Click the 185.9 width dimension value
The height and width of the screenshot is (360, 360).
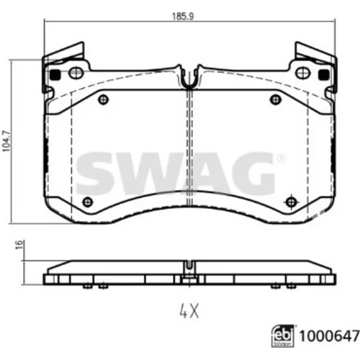(183, 17)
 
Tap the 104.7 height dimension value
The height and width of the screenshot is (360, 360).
(6, 141)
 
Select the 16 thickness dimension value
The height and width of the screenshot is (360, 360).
(19, 244)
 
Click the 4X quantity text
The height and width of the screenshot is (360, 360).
(189, 311)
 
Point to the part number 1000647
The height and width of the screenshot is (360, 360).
(329, 336)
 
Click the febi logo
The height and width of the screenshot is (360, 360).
(283, 336)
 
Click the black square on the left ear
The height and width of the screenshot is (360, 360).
(55, 75)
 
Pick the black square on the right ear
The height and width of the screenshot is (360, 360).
(323, 75)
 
